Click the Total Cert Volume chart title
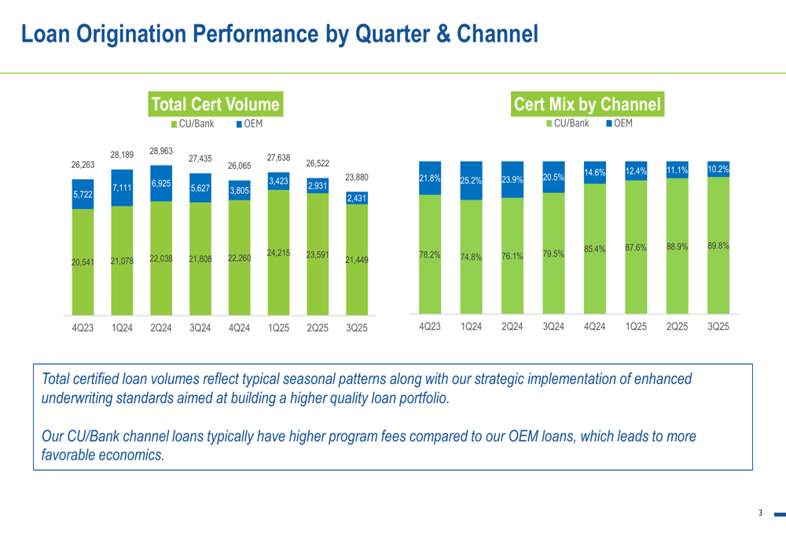pyautogui.click(x=215, y=104)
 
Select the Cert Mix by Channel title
pyautogui.click(x=587, y=104)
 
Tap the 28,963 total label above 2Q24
pyautogui.click(x=160, y=150)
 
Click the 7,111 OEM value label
pyautogui.click(x=122, y=188)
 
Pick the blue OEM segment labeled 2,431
pyautogui.click(x=356, y=199)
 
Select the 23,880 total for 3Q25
pyautogui.click(x=356, y=178)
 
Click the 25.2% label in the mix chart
pyautogui.click(x=471, y=181)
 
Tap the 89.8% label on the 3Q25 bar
pyautogui.click(x=717, y=246)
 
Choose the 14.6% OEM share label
pyautogui.click(x=594, y=172)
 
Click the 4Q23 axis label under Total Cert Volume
pyautogui.click(x=83, y=328)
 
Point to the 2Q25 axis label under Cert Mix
pyautogui.click(x=676, y=326)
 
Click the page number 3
pyautogui.click(x=760, y=514)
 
